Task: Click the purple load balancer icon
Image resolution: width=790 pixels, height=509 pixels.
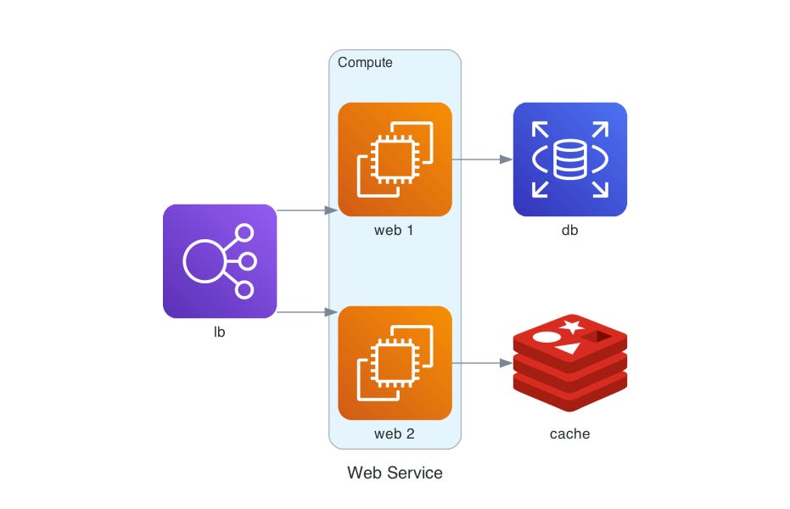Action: (220, 261)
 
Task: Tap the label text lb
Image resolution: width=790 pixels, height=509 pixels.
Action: (220, 333)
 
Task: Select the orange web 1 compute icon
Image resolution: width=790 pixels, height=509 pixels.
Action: (395, 159)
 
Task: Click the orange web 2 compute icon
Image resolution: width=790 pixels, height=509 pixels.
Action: (395, 363)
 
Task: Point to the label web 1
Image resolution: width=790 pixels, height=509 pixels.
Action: (395, 231)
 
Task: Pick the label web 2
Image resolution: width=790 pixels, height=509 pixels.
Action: (395, 434)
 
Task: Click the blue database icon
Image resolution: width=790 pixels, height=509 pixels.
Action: (570, 159)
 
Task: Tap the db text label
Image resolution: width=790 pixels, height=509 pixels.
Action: (570, 231)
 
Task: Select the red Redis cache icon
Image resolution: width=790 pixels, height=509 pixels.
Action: (570, 363)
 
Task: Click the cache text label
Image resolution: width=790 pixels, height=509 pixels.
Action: (570, 434)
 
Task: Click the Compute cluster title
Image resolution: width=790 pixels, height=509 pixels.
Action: (365, 63)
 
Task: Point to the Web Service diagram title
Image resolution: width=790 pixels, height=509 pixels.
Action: (395, 473)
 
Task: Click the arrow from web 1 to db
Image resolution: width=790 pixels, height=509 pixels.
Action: (482, 159)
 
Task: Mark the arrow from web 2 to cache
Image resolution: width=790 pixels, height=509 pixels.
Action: (482, 363)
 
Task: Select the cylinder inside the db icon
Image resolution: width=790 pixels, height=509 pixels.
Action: (570, 159)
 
